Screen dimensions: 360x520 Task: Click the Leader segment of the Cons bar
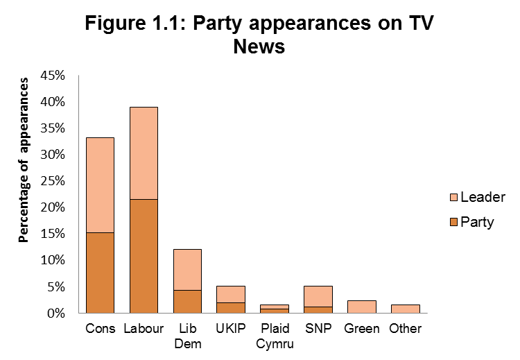click(x=100, y=185)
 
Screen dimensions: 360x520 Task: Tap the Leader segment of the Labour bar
click(x=144, y=153)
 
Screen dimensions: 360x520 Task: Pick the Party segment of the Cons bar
click(x=100, y=272)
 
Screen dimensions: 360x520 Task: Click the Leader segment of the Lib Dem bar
click(x=187, y=269)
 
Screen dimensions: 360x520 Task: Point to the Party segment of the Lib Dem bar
click(x=187, y=301)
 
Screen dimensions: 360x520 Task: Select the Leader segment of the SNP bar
click(x=318, y=295)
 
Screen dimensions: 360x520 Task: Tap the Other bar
click(x=406, y=309)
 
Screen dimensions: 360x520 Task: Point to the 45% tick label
click(x=53, y=75)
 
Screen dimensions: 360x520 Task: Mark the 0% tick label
click(x=57, y=313)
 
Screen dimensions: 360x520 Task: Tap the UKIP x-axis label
click(x=231, y=327)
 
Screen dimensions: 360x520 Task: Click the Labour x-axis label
click(x=144, y=327)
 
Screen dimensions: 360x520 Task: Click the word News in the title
click(x=259, y=48)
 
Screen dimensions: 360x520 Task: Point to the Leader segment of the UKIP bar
click(x=231, y=293)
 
